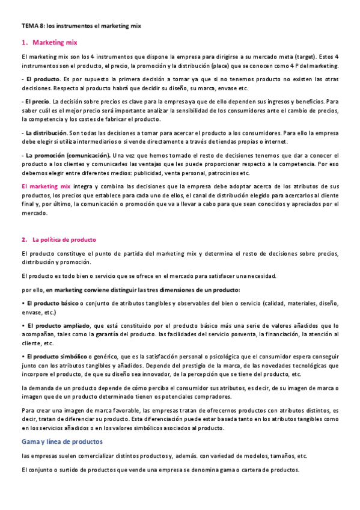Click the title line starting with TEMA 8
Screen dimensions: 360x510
point(81,26)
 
